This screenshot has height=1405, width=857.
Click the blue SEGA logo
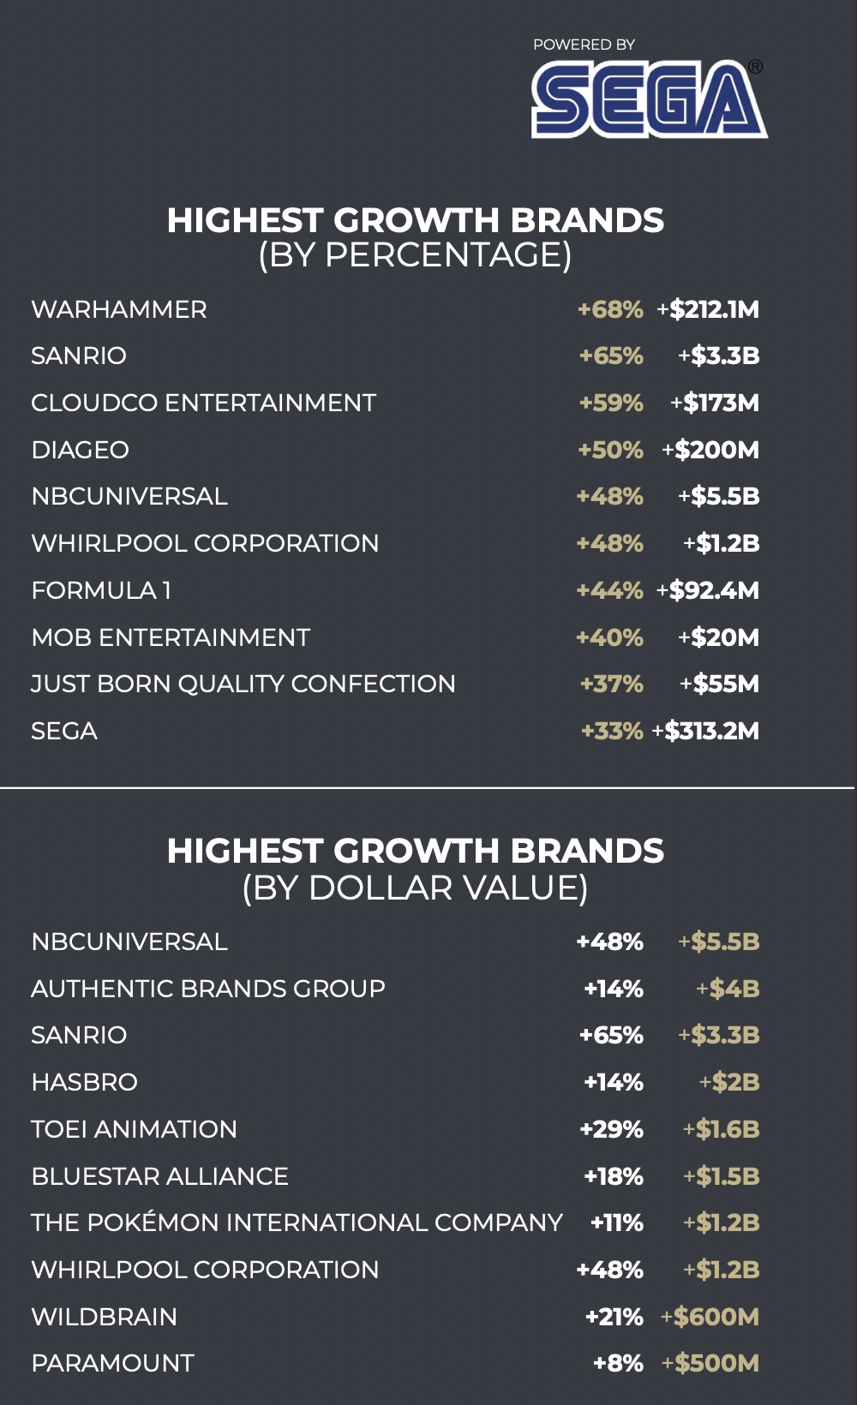649,99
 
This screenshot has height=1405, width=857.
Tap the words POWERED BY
584,45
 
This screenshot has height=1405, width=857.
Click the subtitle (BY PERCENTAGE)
415,255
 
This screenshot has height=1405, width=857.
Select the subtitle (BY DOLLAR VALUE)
415,888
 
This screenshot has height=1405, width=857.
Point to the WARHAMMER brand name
119,309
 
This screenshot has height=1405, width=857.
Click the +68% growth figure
610,309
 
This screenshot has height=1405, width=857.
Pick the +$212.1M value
708,309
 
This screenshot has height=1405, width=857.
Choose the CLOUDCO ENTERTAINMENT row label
204,403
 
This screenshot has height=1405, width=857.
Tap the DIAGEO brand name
81,450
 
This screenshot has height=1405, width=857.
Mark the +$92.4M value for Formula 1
708,590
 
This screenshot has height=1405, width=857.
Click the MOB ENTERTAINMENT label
171,637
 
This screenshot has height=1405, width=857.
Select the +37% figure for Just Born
612,684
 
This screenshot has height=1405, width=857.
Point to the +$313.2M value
705,731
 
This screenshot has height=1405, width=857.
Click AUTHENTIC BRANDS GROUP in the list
208,989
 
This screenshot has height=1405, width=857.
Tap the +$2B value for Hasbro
729,1082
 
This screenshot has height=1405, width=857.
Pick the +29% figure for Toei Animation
612,1129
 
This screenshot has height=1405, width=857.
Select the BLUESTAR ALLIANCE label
160,1176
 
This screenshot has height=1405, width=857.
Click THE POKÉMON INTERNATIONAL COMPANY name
297,1223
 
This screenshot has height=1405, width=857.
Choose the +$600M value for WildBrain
710,1317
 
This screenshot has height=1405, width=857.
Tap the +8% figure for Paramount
618,1363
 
